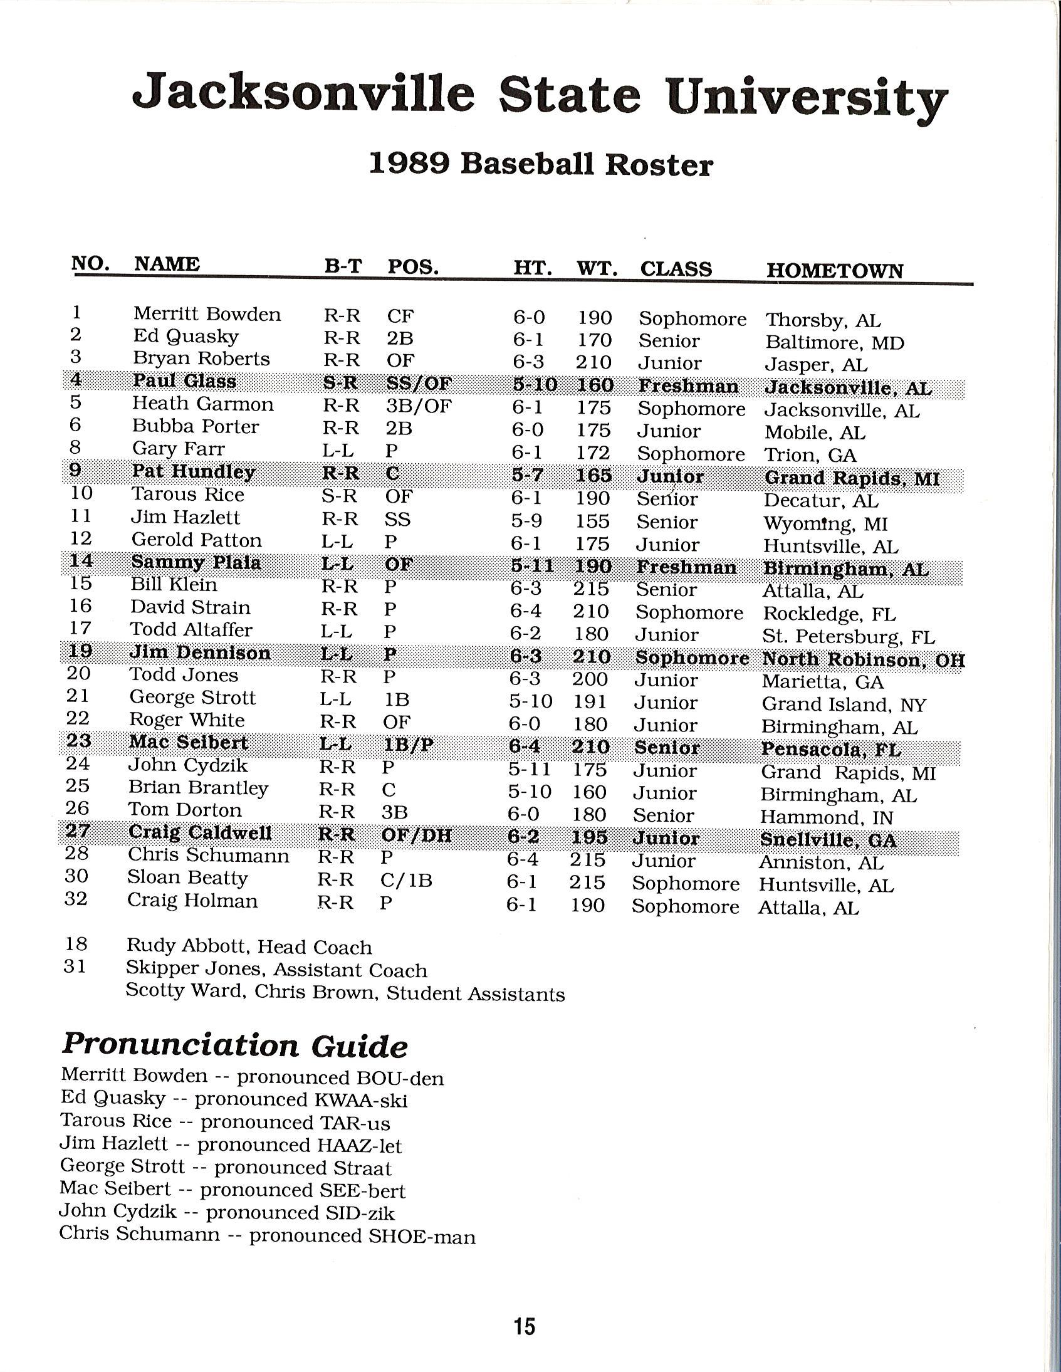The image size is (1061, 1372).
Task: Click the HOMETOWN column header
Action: [834, 270]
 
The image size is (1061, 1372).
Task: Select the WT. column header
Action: [596, 269]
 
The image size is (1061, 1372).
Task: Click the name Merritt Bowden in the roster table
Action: [207, 313]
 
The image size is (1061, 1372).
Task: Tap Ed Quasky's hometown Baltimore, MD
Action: [834, 342]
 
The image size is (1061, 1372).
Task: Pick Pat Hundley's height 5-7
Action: [527, 476]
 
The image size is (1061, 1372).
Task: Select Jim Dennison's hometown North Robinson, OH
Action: [862, 659]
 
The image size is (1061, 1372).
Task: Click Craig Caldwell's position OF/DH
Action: [416, 835]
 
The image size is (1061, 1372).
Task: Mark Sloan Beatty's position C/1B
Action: [406, 881]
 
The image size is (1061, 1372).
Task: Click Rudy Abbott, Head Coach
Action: [249, 946]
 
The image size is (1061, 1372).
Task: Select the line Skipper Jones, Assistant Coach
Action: [276, 970]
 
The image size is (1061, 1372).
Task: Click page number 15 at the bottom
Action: [524, 1326]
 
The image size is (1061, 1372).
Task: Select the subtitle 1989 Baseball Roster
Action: [540, 165]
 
